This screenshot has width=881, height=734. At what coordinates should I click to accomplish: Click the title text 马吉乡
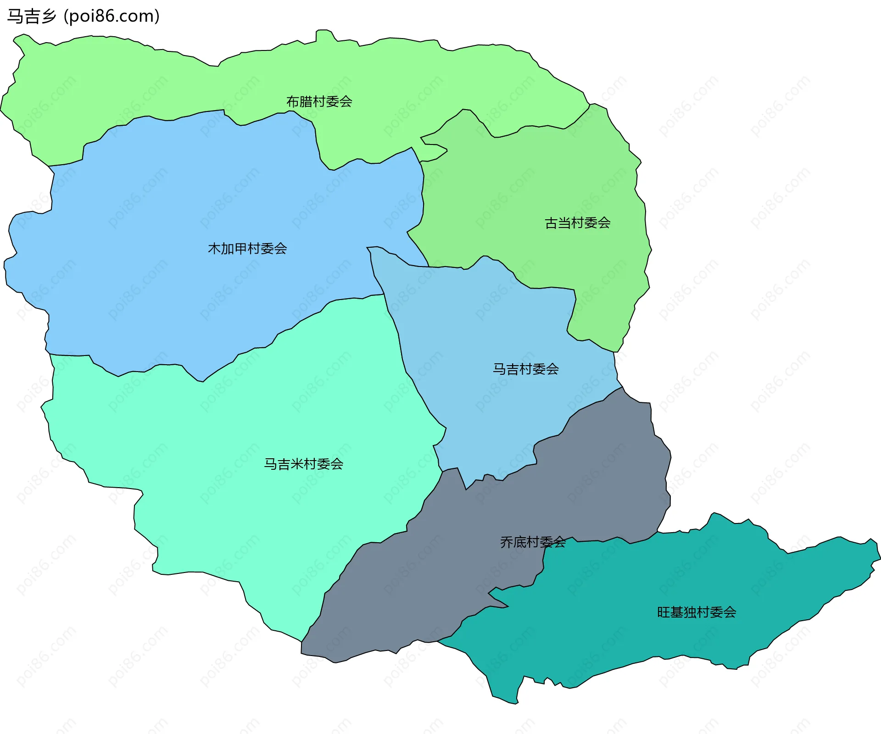31,17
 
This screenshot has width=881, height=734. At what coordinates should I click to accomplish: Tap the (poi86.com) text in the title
112,17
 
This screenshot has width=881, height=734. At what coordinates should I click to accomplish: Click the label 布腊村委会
319,101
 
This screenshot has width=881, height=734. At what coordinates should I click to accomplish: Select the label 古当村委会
577,223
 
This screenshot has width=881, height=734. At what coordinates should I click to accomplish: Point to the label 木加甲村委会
247,249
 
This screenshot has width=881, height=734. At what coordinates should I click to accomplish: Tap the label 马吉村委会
526,369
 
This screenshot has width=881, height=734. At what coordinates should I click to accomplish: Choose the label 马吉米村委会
303,464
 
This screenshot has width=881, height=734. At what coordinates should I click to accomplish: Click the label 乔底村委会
533,542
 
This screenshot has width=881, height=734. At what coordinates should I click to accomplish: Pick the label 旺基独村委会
697,612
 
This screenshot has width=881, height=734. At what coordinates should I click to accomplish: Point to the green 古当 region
528,183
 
